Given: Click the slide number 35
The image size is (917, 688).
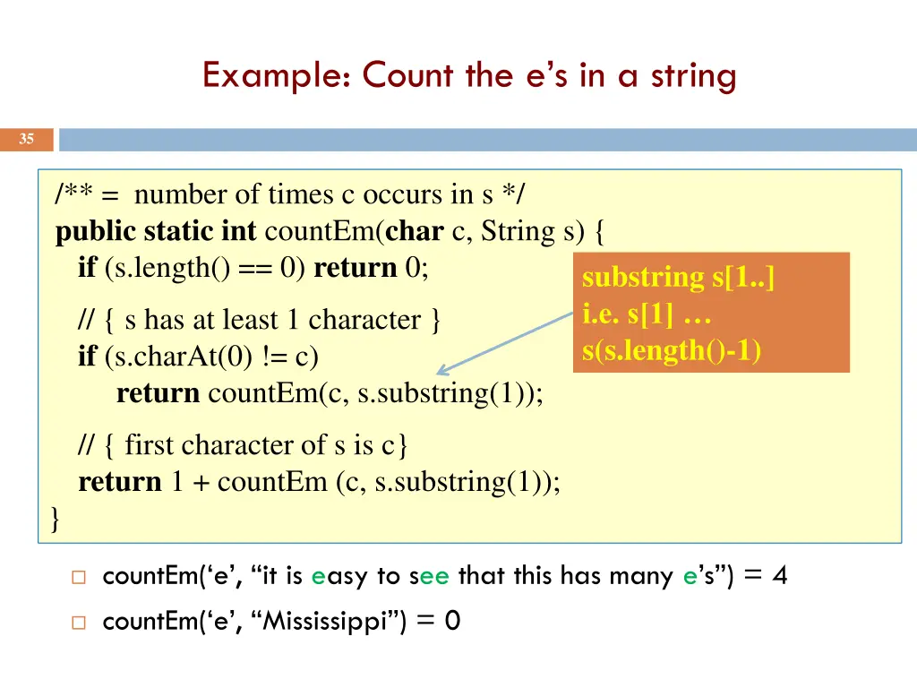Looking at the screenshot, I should coord(27,139).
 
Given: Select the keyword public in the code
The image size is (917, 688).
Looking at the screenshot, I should coord(96,232).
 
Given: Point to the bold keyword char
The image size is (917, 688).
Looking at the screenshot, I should coord(414,231).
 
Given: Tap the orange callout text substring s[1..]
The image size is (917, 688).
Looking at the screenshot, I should coord(678,278).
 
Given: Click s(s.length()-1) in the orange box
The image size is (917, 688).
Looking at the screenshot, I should coord(672,350).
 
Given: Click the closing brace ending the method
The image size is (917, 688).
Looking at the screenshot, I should coord(56,519).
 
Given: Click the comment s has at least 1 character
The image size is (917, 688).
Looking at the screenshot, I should coord(260,320).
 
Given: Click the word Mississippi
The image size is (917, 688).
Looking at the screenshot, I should coord(329,620).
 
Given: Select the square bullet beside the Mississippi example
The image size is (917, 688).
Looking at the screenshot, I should coord(78,621).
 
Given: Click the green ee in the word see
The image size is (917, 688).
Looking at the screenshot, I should coord(434,576).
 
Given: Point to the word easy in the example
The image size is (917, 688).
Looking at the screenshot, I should coord(339,576).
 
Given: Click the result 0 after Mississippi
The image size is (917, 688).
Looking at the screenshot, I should coord(452,620).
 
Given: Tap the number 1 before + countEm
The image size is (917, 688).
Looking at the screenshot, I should coord(177,482).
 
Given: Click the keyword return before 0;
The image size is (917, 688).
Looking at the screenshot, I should coord(355,268).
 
